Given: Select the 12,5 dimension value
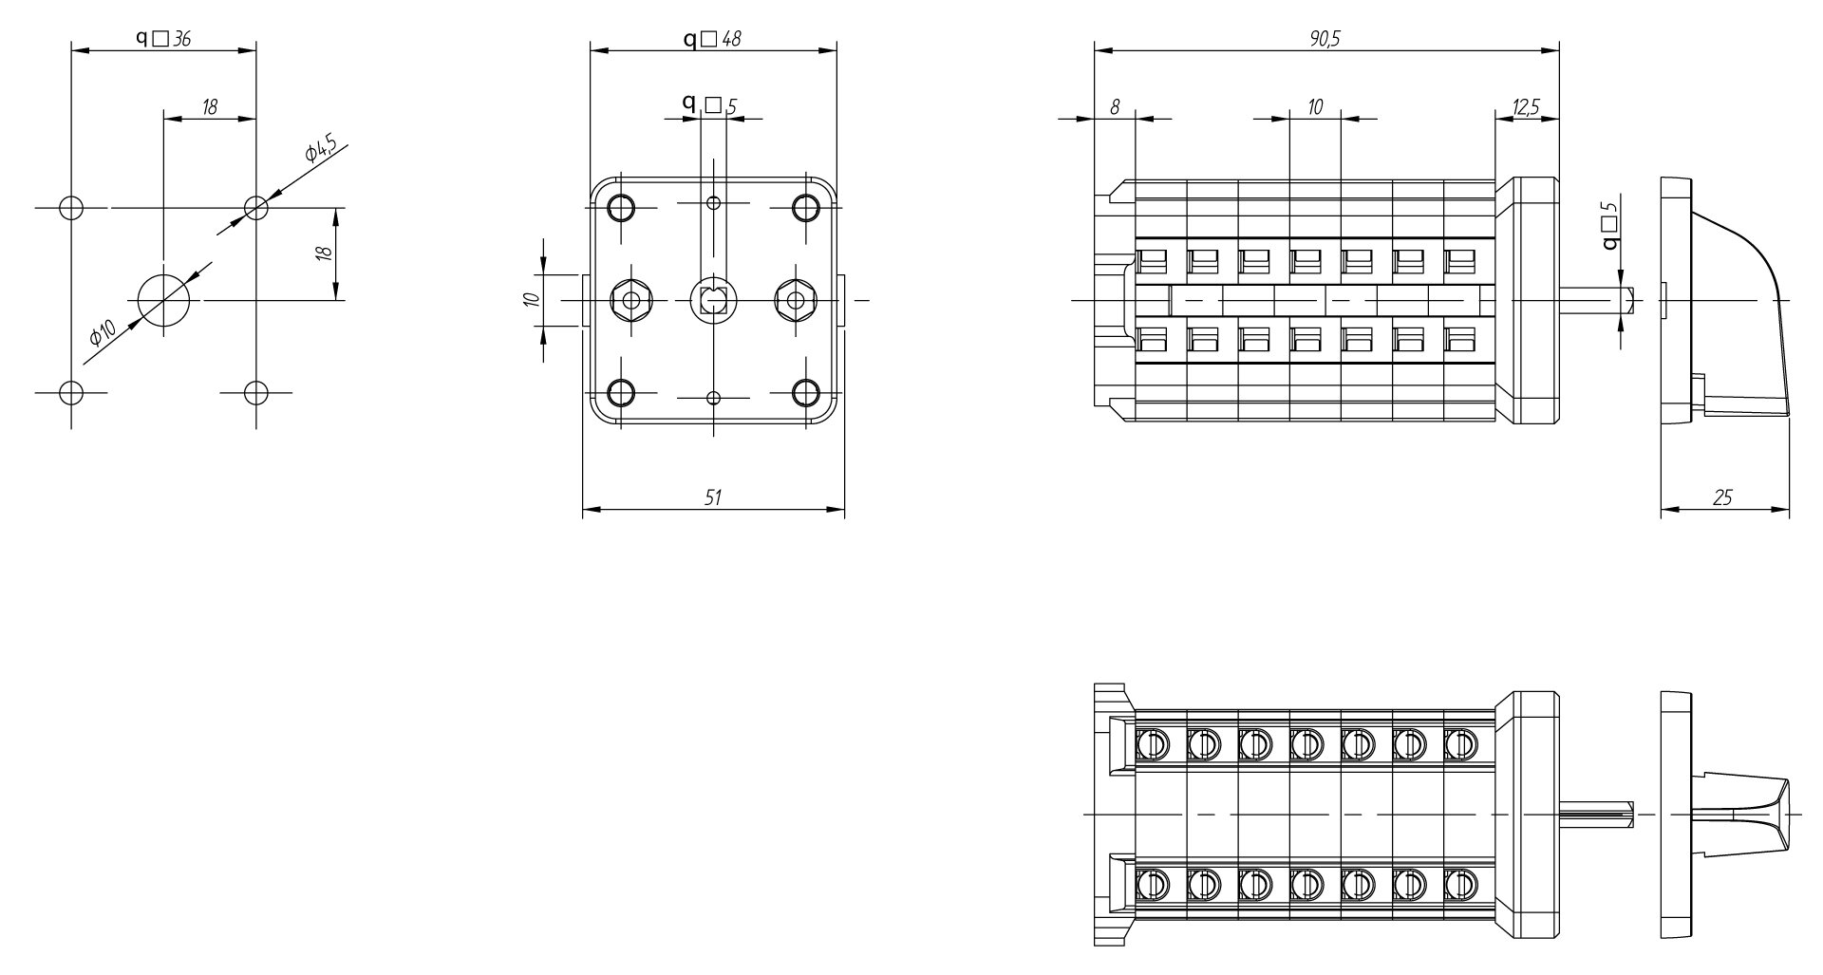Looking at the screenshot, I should [1526, 107].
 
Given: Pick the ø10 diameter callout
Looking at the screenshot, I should [103, 331].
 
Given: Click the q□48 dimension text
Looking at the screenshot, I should [713, 38].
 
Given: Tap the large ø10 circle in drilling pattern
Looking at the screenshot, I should [164, 300].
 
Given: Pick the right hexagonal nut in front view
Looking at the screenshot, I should [797, 300].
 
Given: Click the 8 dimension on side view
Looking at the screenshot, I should [1115, 107].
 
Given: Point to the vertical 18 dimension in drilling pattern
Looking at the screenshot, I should [325, 253].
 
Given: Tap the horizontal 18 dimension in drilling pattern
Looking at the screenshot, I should [210, 107].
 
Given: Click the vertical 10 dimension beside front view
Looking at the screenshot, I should [533, 299].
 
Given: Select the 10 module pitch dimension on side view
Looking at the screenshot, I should [1315, 107].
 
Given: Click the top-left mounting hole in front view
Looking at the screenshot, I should [621, 207].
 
